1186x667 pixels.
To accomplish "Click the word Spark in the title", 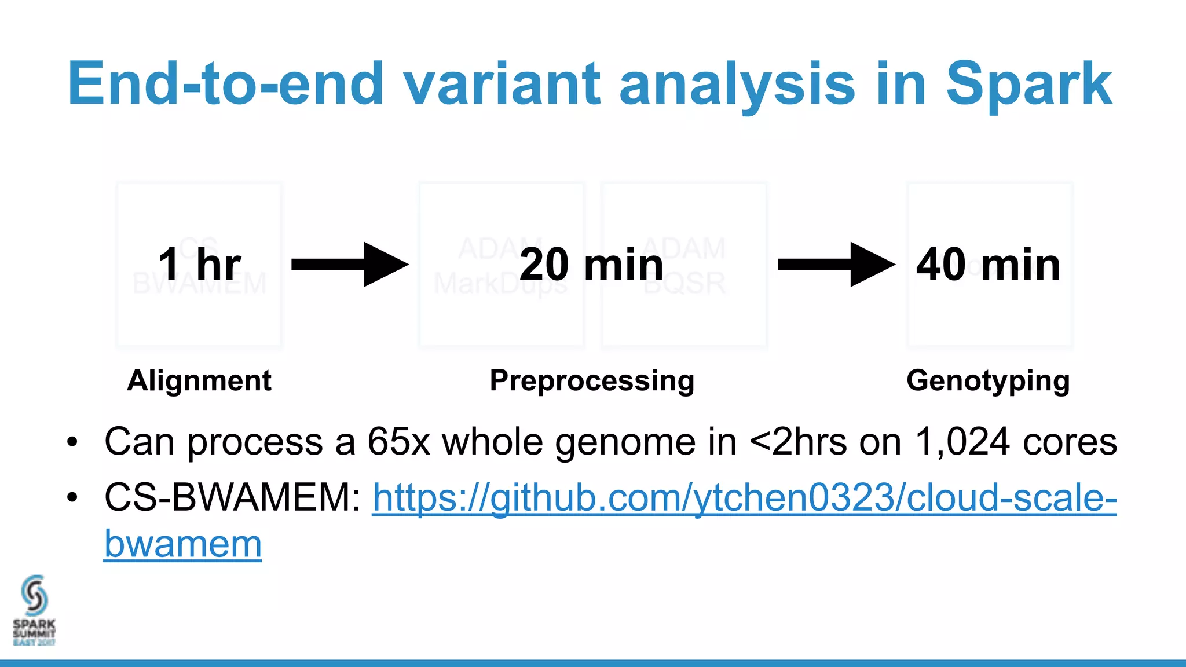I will [1028, 85].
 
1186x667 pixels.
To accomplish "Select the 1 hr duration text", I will [199, 265].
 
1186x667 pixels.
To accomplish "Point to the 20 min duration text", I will [591, 265].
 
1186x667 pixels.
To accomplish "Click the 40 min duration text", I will [988, 265].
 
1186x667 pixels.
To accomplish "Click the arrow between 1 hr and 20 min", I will [349, 265].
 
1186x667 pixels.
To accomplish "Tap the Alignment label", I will [199, 380].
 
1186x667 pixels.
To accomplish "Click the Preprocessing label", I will [592, 380].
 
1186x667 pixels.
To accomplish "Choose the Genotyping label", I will [988, 380].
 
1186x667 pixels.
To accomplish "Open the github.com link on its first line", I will [744, 497].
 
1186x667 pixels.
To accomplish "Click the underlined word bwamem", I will [183, 544].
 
